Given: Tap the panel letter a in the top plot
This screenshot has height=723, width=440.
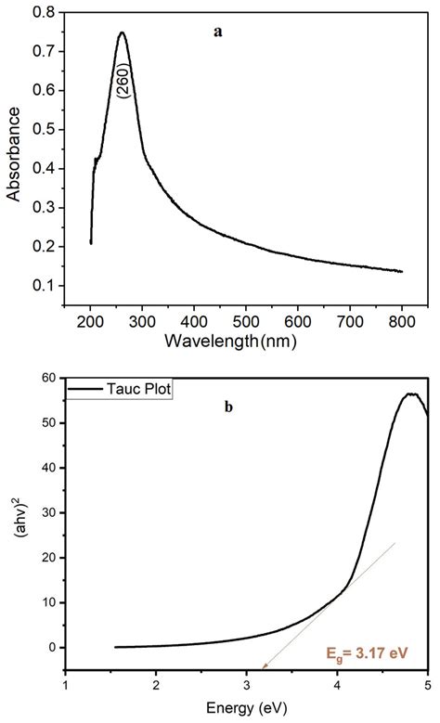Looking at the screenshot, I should (218, 32).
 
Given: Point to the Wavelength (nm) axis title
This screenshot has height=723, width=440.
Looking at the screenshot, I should (242, 340).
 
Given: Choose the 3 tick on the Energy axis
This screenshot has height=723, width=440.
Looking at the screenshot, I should (246, 687).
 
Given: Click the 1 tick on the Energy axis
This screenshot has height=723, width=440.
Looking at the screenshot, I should (64, 687).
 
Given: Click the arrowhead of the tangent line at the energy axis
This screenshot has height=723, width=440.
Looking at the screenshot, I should (264, 665).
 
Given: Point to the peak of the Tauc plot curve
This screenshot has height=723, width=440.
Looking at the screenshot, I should (409, 394).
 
